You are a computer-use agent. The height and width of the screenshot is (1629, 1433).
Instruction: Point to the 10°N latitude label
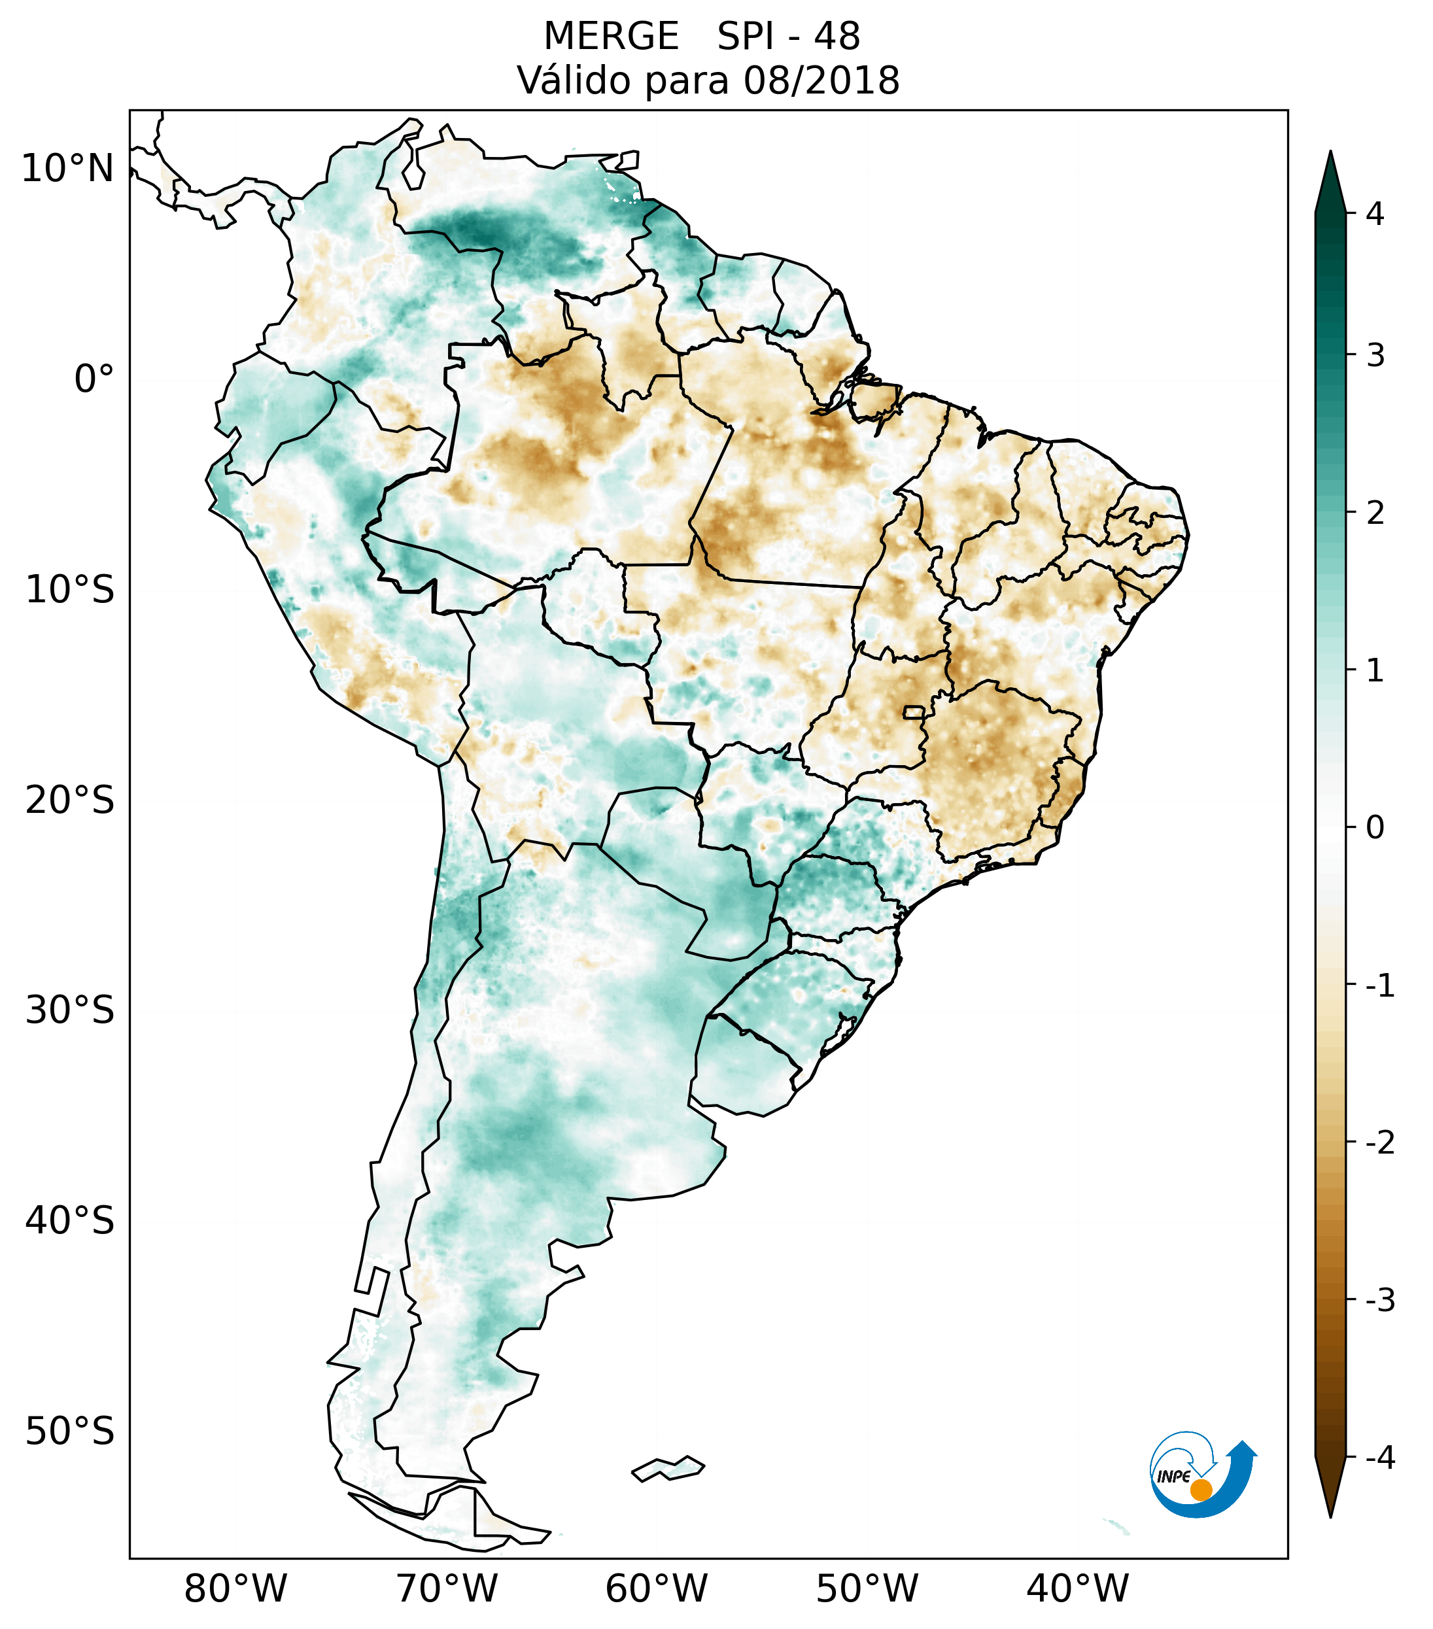(x=68, y=169)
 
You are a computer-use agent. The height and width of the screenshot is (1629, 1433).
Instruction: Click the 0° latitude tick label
(x=94, y=379)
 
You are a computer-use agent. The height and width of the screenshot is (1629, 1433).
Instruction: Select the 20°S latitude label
(x=70, y=800)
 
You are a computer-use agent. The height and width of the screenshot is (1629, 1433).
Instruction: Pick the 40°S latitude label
(x=70, y=1221)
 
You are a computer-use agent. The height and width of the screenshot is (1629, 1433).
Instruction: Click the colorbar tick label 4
(x=1375, y=214)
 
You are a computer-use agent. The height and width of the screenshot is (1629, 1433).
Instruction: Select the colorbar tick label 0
(x=1375, y=828)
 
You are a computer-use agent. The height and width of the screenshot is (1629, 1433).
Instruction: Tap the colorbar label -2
(x=1379, y=1143)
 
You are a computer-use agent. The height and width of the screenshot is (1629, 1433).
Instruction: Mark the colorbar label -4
(x=1379, y=1458)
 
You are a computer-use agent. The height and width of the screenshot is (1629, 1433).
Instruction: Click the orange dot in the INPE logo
(x=1200, y=1490)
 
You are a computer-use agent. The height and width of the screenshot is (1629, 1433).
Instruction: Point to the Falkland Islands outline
(x=668, y=1469)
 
